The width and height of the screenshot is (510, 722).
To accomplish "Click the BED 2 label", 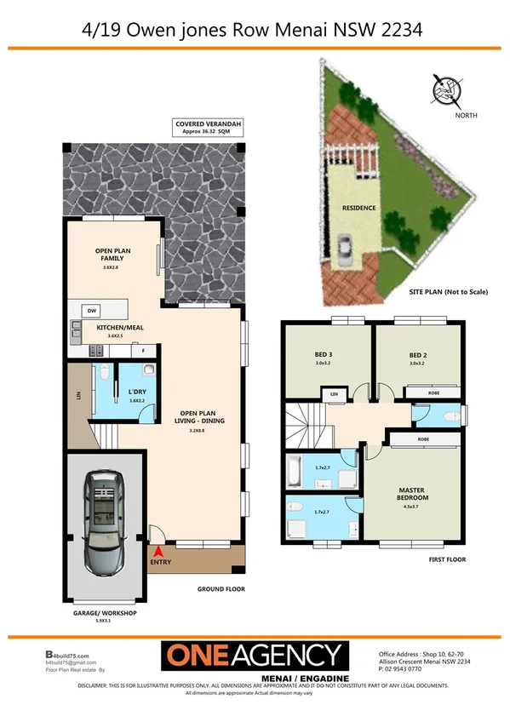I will pos(416,355).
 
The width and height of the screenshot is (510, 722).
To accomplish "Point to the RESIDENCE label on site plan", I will pos(359,207).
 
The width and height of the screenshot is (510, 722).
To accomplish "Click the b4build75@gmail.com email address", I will pos(71,662).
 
